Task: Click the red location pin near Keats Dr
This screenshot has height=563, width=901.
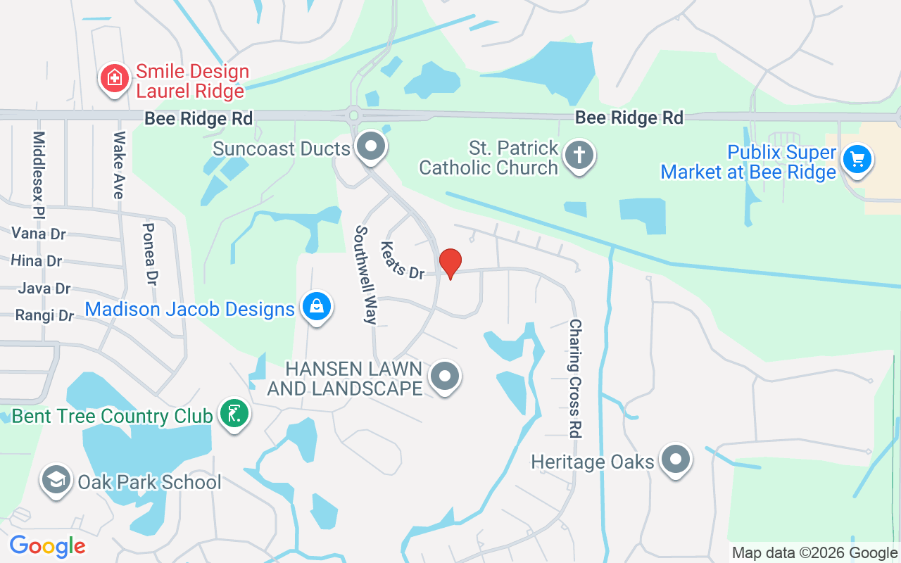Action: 450,263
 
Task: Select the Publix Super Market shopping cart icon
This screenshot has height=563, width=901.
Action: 857,160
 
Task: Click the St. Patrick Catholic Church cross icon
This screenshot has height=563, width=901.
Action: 579,156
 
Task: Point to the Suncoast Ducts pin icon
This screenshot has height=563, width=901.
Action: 370,147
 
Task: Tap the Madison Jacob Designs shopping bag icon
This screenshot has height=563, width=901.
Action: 317,307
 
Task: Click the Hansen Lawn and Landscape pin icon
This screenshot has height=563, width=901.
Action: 444,377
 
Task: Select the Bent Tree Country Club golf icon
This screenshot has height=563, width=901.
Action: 234,414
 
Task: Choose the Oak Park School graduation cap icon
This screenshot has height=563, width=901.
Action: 56,480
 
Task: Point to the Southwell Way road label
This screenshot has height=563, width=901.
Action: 366,274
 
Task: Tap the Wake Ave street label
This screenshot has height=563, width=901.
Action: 119,165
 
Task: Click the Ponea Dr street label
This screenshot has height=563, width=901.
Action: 149,253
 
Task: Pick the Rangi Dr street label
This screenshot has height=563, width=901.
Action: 44,315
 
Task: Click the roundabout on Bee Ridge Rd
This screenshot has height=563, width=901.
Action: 353,115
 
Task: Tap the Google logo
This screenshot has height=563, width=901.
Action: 47,545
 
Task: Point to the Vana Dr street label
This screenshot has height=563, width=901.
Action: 39,233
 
